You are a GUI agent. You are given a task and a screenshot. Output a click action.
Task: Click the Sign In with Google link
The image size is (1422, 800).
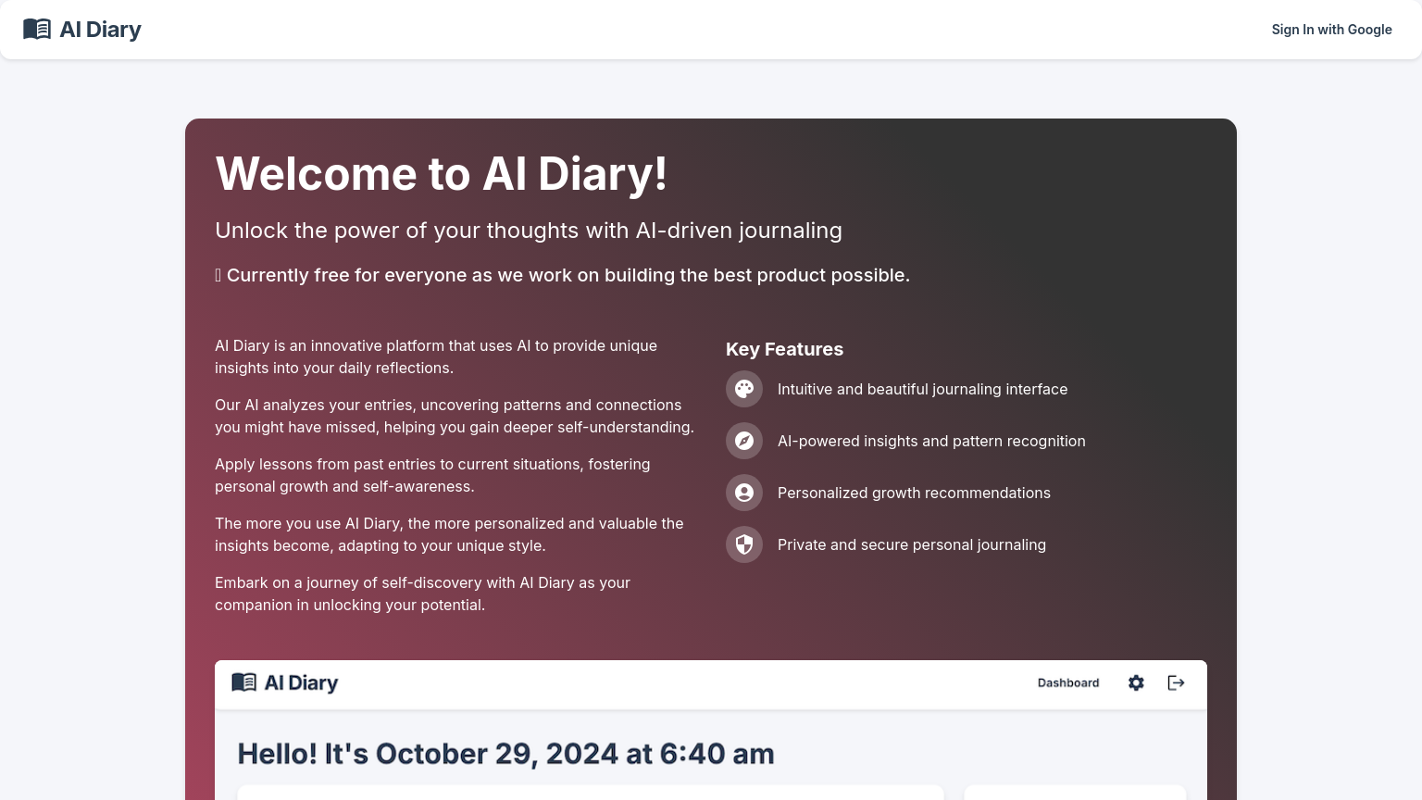(x=1331, y=30)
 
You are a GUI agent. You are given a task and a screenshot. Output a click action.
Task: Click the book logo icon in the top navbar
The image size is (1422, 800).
(x=37, y=30)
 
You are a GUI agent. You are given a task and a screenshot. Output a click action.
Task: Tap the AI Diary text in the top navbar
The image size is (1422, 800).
(x=100, y=30)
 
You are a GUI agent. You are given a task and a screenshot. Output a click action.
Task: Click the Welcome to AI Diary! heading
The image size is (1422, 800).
(x=441, y=174)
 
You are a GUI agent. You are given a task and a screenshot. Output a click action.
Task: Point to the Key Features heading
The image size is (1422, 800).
(x=784, y=349)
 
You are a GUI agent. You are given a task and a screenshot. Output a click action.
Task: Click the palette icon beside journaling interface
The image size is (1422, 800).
(x=744, y=389)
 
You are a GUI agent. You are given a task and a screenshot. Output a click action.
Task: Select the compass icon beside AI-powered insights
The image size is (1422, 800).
(x=744, y=441)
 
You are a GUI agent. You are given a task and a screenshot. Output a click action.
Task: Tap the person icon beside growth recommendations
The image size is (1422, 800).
(x=744, y=493)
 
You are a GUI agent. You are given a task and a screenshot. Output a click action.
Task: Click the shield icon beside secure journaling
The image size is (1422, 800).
(x=744, y=544)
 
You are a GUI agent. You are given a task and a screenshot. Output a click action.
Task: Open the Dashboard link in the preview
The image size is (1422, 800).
(x=1068, y=683)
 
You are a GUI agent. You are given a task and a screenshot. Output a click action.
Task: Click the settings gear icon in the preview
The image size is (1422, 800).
(x=1136, y=683)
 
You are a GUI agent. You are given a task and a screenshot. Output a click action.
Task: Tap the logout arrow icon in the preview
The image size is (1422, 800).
(x=1176, y=683)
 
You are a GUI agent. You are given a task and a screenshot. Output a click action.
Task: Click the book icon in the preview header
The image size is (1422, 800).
(x=243, y=682)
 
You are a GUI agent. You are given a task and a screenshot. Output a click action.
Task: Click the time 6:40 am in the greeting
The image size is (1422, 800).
(x=717, y=754)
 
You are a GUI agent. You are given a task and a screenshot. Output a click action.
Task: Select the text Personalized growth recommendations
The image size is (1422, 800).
(x=914, y=493)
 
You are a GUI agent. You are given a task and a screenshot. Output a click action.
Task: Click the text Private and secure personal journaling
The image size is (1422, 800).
(x=912, y=544)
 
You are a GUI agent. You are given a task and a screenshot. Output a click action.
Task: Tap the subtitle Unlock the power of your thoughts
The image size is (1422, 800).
(x=529, y=231)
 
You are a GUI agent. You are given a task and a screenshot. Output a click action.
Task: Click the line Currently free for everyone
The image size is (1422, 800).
(x=568, y=275)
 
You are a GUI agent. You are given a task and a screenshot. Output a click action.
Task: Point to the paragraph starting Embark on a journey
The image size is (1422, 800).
(x=422, y=594)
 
